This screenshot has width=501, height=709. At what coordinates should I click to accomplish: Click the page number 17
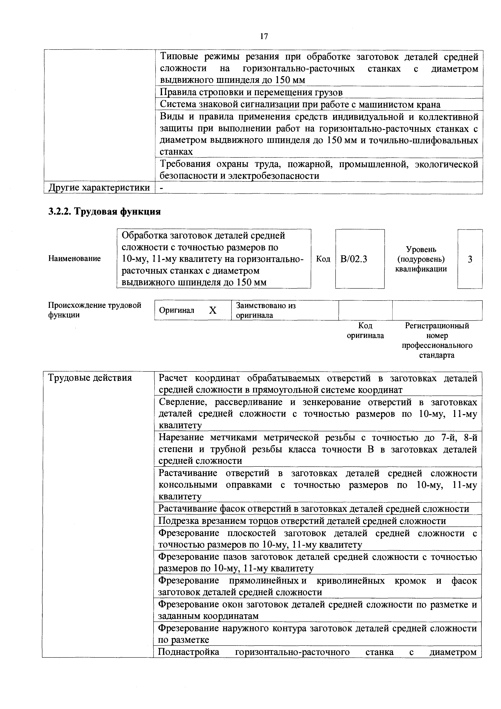pos(264,36)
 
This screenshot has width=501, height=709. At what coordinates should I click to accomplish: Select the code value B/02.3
pos(354,259)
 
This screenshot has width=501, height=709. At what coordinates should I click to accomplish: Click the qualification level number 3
pos(470,259)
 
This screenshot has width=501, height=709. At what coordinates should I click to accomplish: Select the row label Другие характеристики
pos(99,187)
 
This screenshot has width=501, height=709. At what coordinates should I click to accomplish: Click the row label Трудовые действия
pos(90,378)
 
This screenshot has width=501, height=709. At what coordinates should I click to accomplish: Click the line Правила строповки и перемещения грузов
pos(251,92)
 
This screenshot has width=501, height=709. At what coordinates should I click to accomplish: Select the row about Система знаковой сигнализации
pos(300,104)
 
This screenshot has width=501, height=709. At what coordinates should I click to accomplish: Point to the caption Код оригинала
pos(365,330)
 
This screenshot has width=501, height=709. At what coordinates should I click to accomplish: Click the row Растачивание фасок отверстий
pos(313,509)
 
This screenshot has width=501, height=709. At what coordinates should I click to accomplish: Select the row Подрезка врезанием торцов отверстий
pos(302,521)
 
